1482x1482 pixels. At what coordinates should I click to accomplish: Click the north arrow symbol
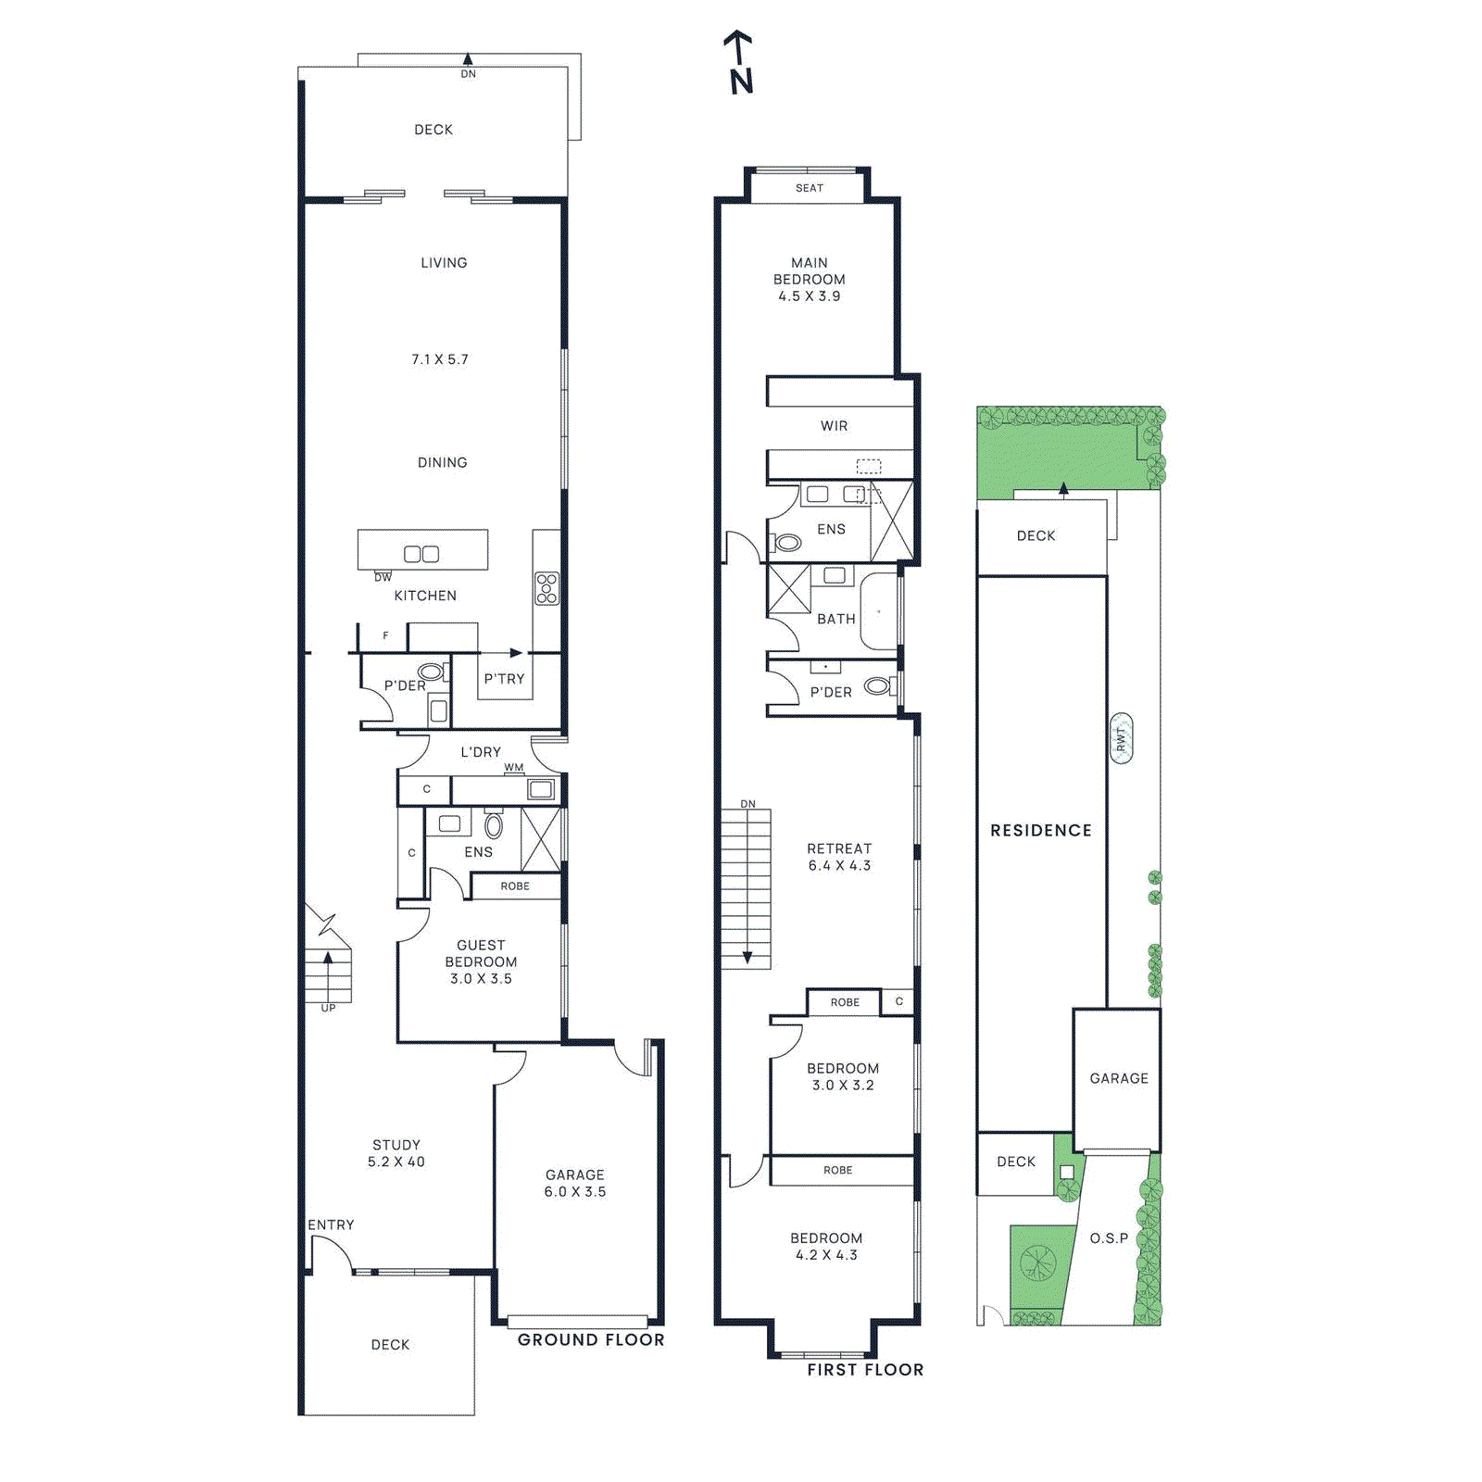[x=739, y=63]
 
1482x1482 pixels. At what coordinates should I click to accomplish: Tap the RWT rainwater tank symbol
[x=1121, y=738]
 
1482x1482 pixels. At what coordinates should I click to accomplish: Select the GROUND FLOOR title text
[x=591, y=1339]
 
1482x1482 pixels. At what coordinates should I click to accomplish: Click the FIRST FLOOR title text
[x=865, y=1370]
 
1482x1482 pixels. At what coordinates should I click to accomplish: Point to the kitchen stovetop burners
[x=546, y=588]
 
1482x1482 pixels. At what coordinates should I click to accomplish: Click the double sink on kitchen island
[x=421, y=554]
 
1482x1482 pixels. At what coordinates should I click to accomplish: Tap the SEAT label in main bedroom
[x=809, y=188]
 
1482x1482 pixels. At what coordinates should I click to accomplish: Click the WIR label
[x=834, y=426]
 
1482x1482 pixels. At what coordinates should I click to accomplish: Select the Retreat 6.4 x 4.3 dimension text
[x=839, y=866]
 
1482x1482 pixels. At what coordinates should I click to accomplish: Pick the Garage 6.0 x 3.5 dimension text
[x=574, y=1192]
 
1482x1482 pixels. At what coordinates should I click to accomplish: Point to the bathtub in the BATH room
[x=879, y=611]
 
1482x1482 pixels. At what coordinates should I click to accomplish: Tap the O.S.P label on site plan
[x=1109, y=1238]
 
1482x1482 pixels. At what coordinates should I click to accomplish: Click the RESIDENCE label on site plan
[x=1041, y=831]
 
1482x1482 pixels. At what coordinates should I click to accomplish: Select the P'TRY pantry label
[x=504, y=679]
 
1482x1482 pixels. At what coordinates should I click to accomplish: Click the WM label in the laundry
[x=513, y=768]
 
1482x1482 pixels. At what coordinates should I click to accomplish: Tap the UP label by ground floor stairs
[x=328, y=1008]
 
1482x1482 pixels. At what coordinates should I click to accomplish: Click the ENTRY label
[x=331, y=1225]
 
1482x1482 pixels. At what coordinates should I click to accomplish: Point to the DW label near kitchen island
[x=383, y=577]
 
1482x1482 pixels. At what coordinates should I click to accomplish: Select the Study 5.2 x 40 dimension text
[x=396, y=1162]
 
